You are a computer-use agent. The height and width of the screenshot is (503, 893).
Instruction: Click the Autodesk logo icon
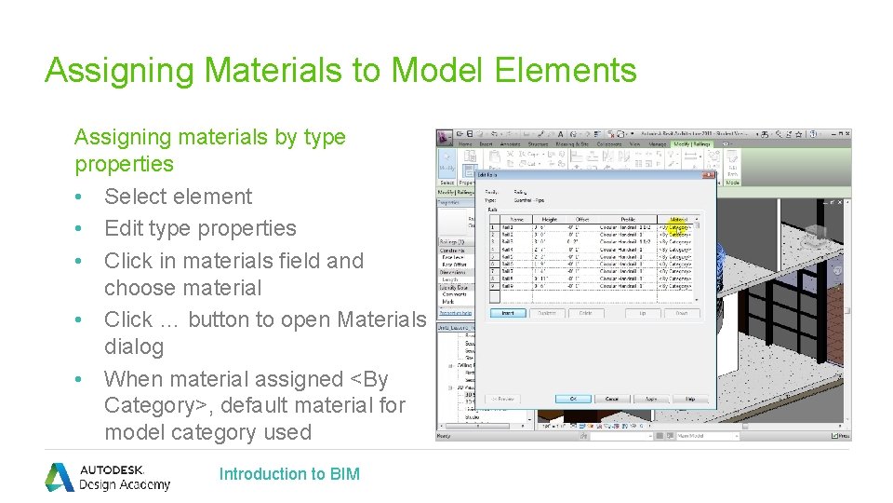click(60, 477)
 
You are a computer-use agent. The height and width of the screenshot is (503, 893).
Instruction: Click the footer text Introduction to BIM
click(289, 474)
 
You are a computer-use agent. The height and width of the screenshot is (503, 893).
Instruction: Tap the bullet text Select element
click(178, 197)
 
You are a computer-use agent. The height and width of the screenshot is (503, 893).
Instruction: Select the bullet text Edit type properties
click(200, 228)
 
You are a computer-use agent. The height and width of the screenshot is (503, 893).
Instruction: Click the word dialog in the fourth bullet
click(134, 347)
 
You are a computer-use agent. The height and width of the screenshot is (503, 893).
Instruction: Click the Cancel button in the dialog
click(614, 398)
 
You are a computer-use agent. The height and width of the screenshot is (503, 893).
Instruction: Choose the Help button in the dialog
click(690, 398)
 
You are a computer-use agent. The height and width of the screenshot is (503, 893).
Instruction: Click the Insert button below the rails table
click(508, 313)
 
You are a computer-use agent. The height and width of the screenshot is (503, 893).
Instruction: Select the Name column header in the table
click(516, 219)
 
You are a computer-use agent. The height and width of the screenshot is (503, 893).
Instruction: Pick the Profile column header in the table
click(627, 219)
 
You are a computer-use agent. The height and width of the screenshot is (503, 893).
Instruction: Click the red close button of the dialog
click(709, 174)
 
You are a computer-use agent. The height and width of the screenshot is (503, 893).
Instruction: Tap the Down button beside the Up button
click(681, 313)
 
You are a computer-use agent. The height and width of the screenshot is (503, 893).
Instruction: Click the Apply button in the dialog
click(652, 398)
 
